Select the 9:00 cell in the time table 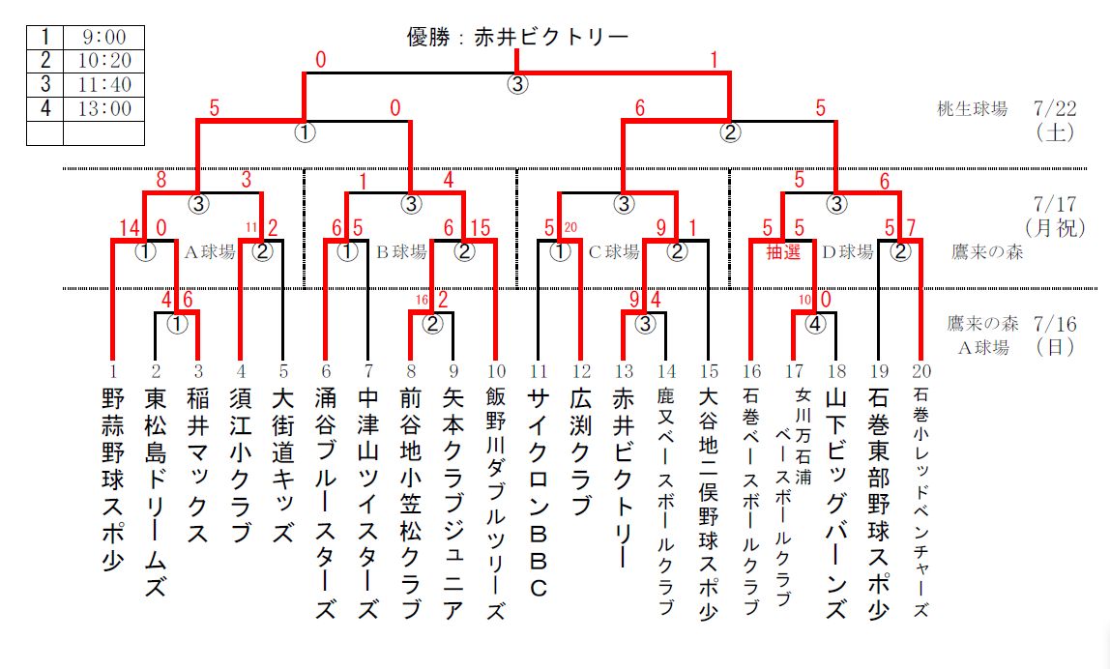pyautogui.click(x=102, y=37)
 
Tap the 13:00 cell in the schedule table pyautogui.click(x=102, y=109)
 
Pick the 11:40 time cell pyautogui.click(x=102, y=85)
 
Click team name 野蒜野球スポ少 pyautogui.click(x=112, y=480)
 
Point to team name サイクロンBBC pyautogui.click(x=539, y=493)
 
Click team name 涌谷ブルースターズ pyautogui.click(x=325, y=503)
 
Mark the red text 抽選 pyautogui.click(x=781, y=251)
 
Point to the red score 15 pyautogui.click(x=481, y=229)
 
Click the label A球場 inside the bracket pyautogui.click(x=210, y=252)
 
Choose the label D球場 pyautogui.click(x=847, y=252)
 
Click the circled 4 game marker pyautogui.click(x=815, y=325)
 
